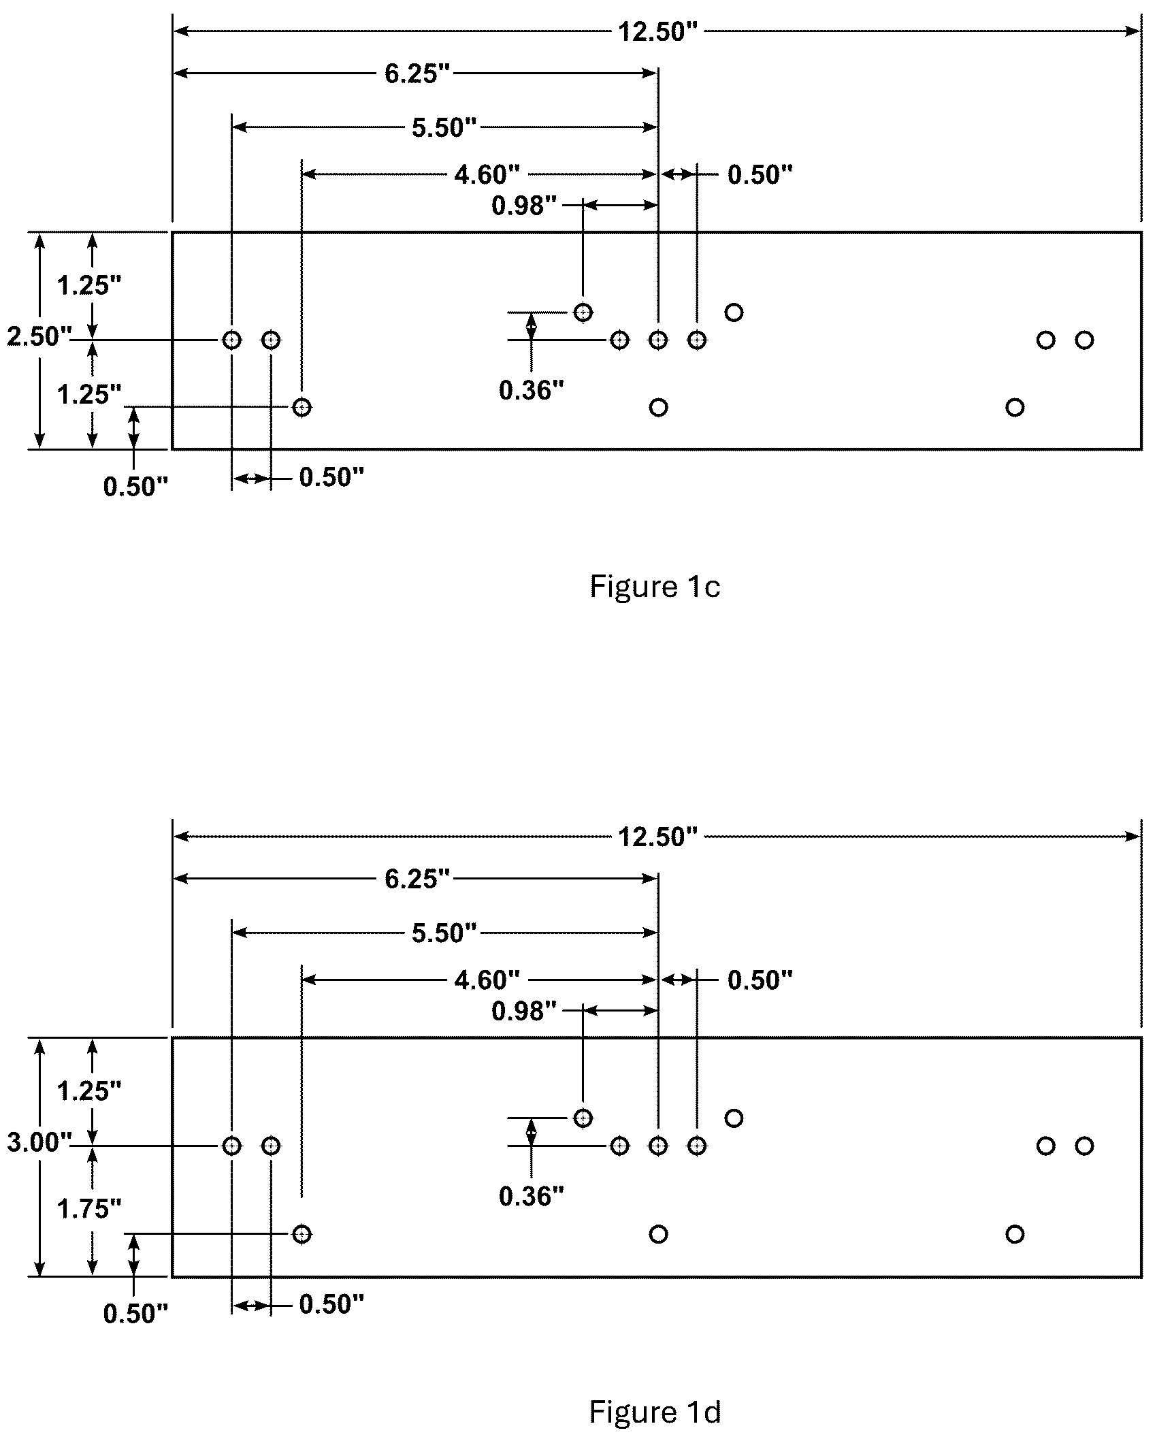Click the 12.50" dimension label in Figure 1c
pyautogui.click(x=658, y=32)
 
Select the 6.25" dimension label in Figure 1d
pyautogui.click(x=418, y=879)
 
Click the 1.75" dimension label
pyautogui.click(x=89, y=1209)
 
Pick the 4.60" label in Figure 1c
pyautogui.click(x=487, y=175)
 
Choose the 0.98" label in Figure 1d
pyautogui.click(x=524, y=1012)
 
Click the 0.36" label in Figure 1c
pyautogui.click(x=532, y=390)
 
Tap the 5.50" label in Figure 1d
pyautogui.click(x=444, y=933)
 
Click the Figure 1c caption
pyautogui.click(x=655, y=587)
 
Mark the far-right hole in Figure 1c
pyautogui.click(x=1085, y=340)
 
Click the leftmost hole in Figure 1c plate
pyautogui.click(x=232, y=340)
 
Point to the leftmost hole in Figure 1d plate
pyautogui.click(x=232, y=1146)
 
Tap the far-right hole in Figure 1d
pyautogui.click(x=1085, y=1146)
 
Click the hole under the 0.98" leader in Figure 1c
pyautogui.click(x=583, y=312)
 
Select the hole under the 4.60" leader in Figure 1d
pyautogui.click(x=302, y=1234)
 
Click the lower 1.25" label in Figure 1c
pyautogui.click(x=89, y=394)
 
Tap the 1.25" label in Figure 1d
pyautogui.click(x=89, y=1091)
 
